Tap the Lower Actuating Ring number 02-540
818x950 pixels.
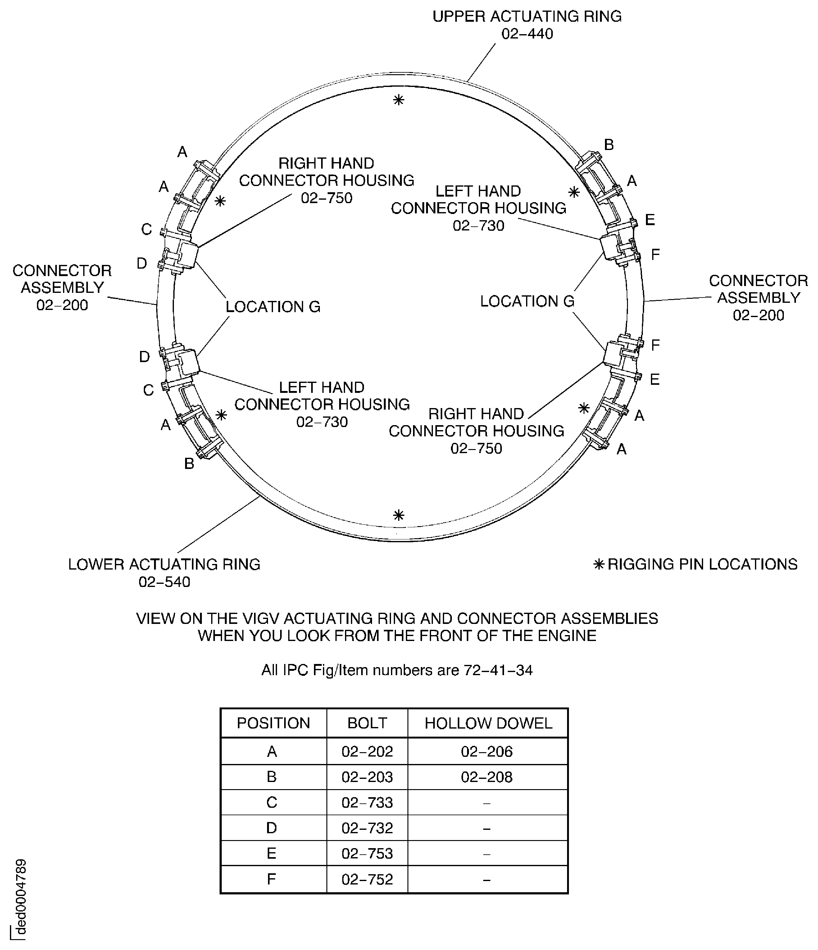click(164, 582)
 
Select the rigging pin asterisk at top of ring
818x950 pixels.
click(398, 100)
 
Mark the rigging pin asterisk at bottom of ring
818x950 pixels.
click(398, 515)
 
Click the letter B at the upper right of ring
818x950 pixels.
click(608, 145)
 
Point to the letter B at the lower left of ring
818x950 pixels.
click(189, 464)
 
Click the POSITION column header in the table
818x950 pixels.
click(273, 723)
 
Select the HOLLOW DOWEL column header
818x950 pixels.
click(488, 723)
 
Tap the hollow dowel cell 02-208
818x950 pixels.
click(487, 777)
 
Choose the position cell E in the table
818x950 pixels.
click(271, 853)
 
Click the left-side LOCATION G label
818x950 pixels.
click(273, 307)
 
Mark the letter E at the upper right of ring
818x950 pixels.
click(650, 220)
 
